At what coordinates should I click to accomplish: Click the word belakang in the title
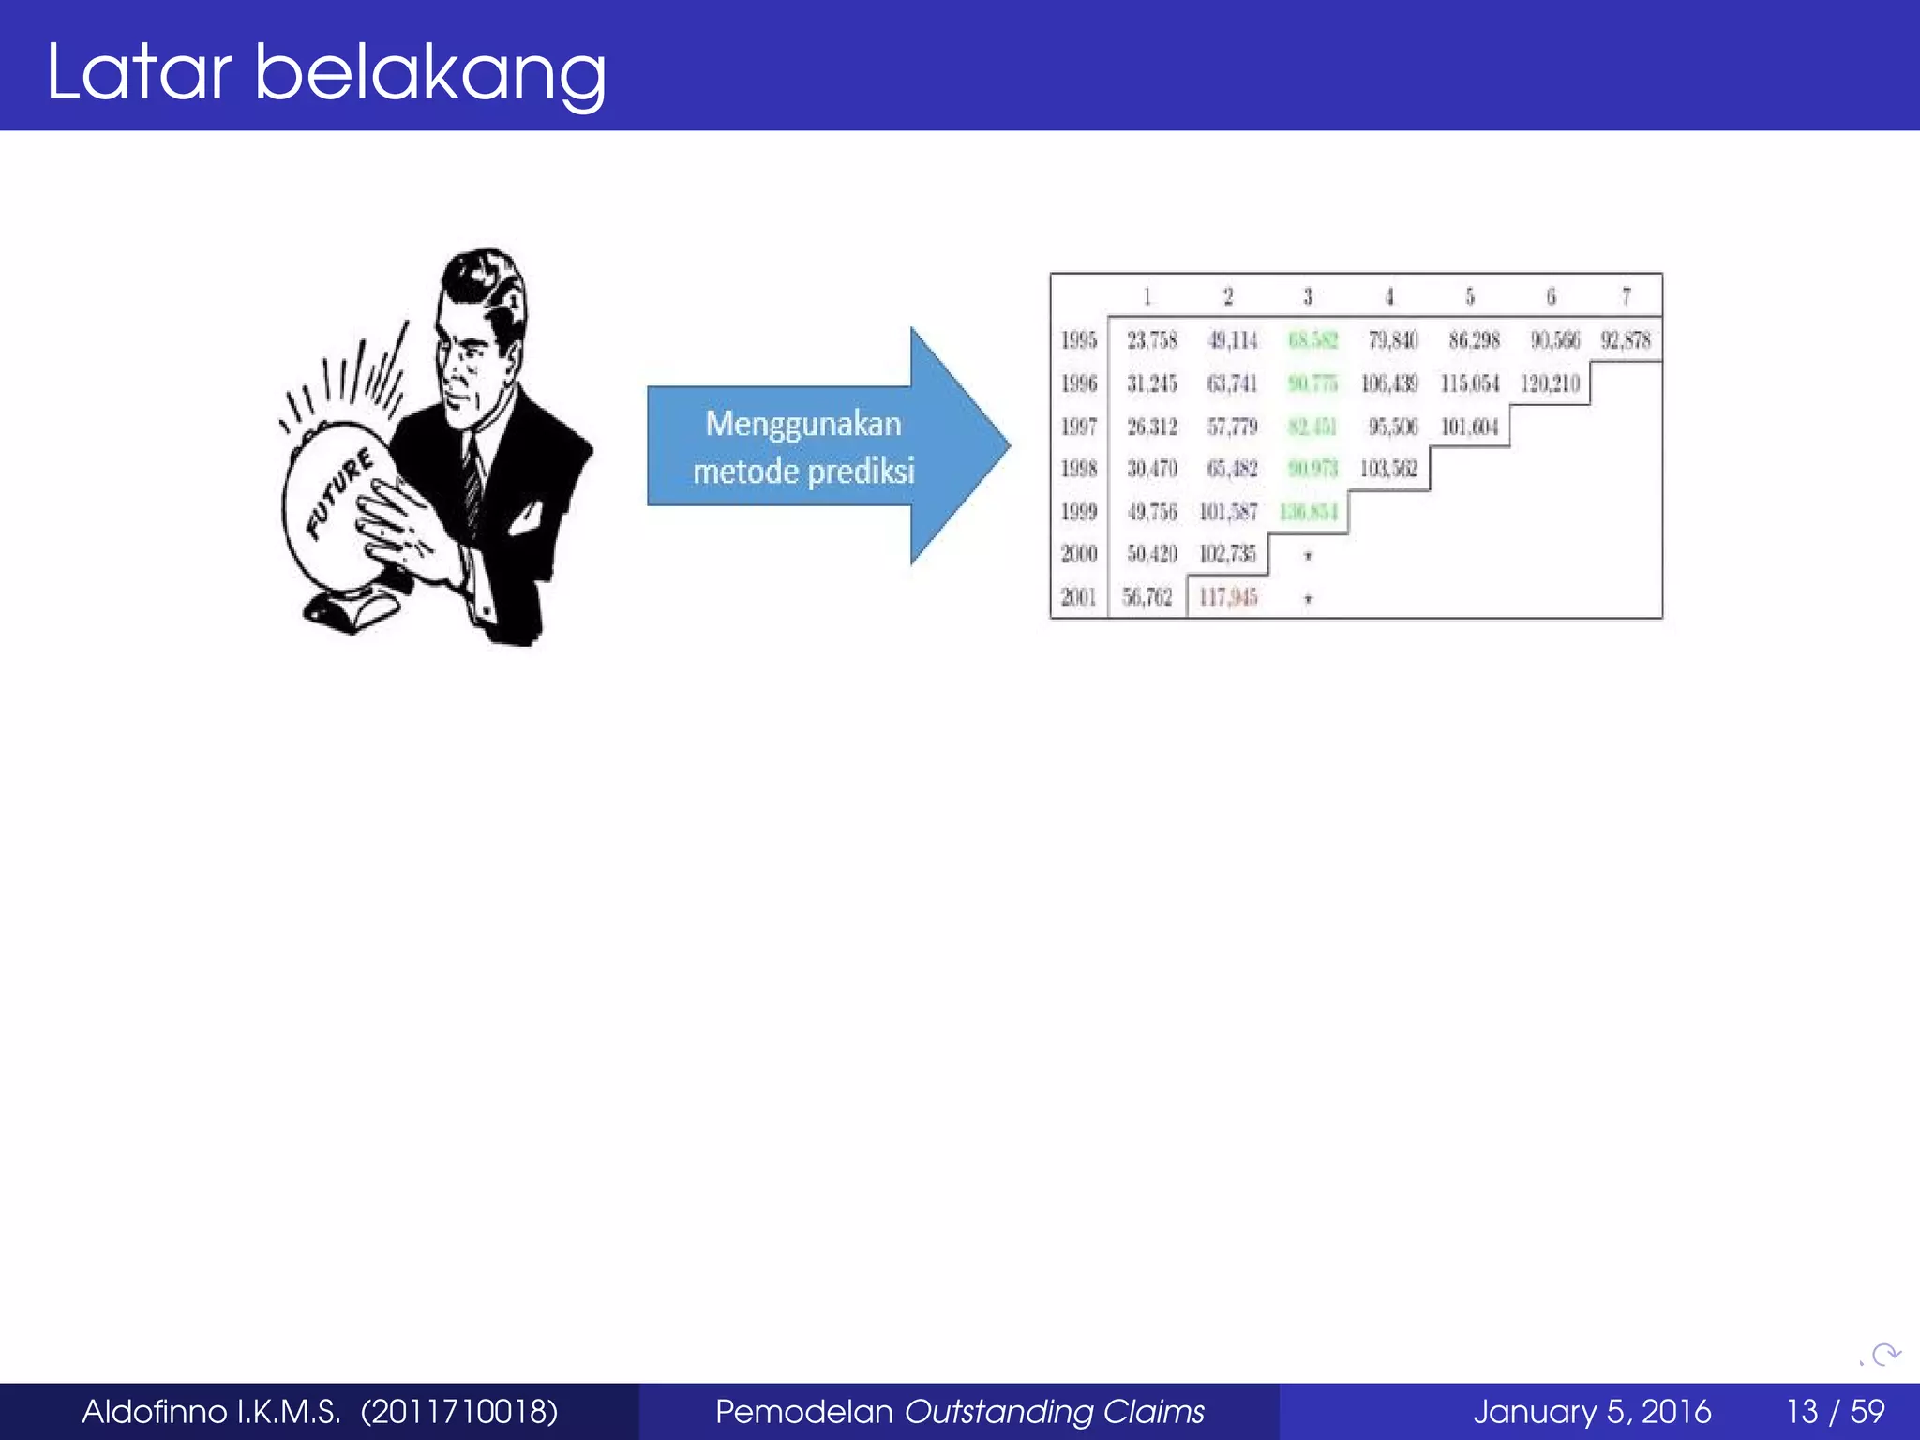430,73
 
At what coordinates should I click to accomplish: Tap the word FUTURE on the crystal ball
341,494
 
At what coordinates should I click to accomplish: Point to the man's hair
483,281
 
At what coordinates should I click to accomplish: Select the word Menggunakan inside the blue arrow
803,424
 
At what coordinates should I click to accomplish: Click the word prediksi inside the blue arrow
860,471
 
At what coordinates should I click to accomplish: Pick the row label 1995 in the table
1078,340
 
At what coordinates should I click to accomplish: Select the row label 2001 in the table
1078,597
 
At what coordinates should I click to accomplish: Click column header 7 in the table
1627,296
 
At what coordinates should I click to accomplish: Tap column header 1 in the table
1147,296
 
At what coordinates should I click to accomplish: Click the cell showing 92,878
1626,340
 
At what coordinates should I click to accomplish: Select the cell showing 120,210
1550,383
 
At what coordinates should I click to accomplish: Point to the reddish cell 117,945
1228,597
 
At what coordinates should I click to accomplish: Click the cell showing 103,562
1388,469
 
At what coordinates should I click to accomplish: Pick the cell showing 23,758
1151,340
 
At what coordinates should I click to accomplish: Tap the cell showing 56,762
1147,597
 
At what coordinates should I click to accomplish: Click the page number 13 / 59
1835,1411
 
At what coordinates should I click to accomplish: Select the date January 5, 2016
1591,1411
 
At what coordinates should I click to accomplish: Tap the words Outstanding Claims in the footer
1055,1411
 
